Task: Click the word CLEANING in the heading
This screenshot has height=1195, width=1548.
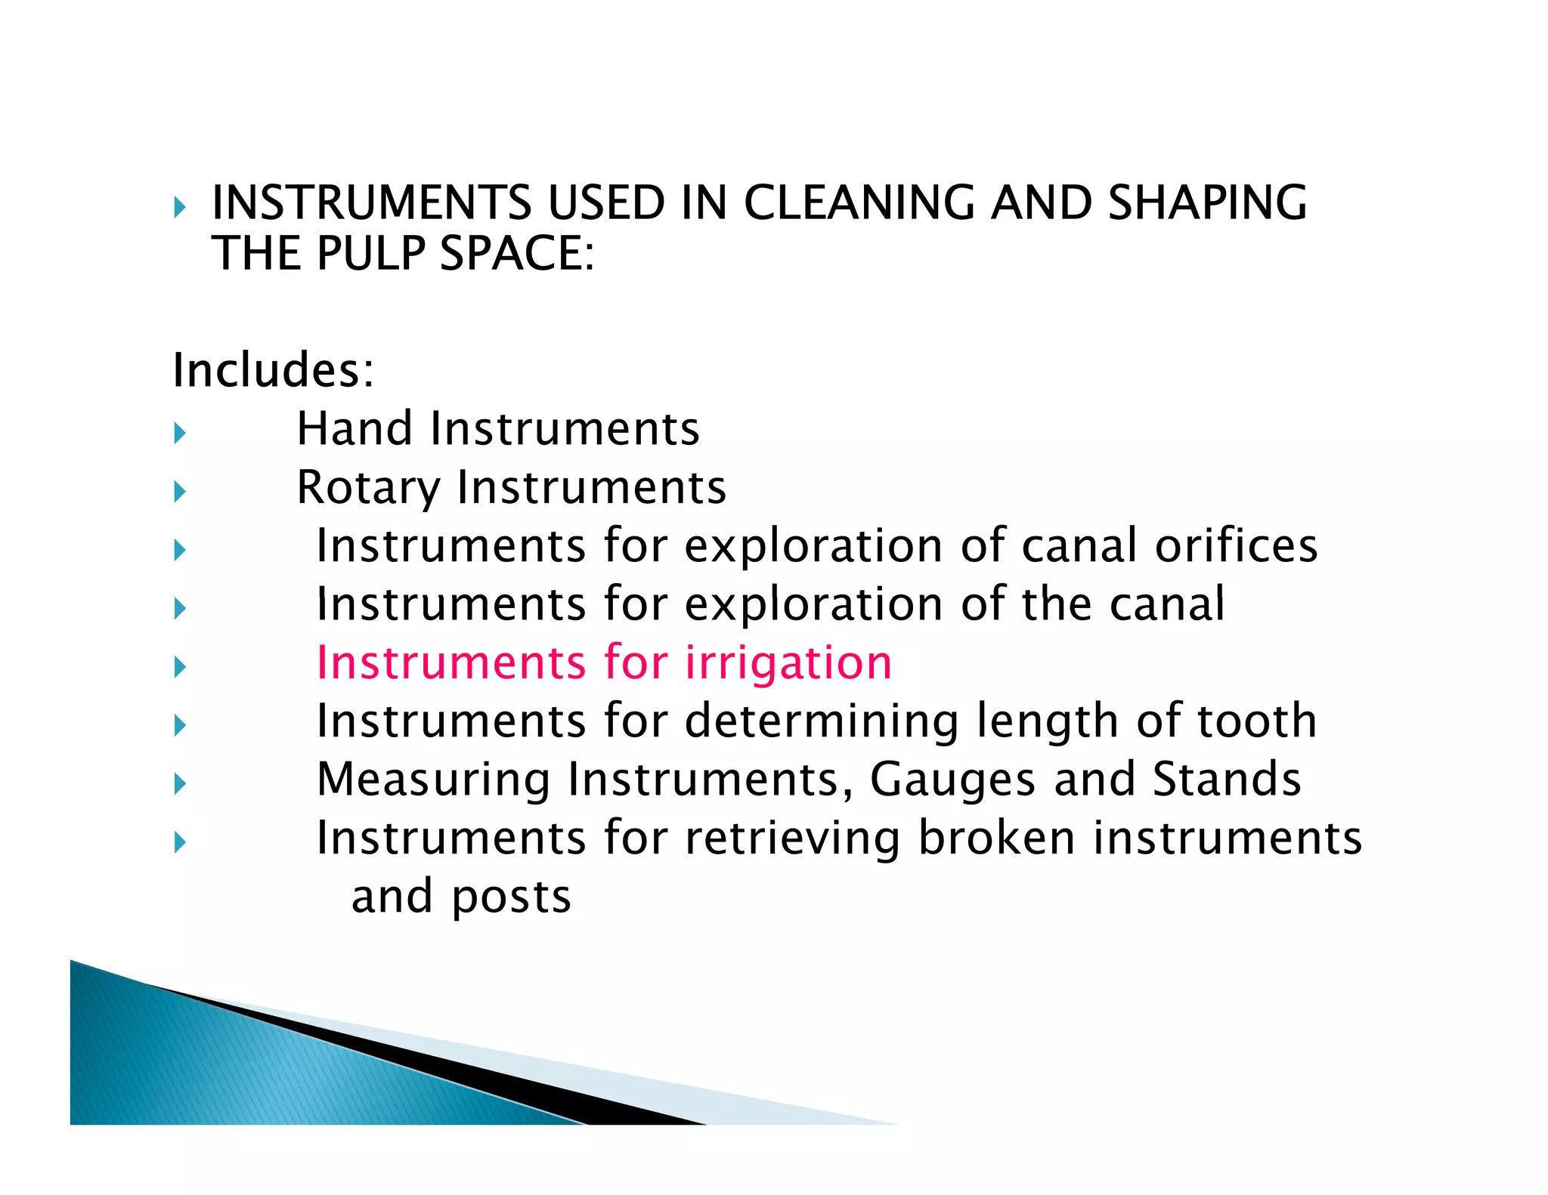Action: (x=859, y=203)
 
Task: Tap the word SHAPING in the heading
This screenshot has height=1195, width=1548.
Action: (x=1207, y=203)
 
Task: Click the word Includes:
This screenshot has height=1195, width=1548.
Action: (x=273, y=370)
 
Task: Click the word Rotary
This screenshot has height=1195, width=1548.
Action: (x=368, y=488)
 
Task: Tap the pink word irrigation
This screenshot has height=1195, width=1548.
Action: (x=788, y=663)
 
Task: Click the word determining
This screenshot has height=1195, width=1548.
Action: (x=822, y=721)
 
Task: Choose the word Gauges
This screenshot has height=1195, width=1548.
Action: (x=952, y=780)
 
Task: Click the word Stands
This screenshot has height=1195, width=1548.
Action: (x=1226, y=779)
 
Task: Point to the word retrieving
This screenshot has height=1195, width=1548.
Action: (x=792, y=838)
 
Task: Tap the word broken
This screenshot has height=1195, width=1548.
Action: (x=996, y=838)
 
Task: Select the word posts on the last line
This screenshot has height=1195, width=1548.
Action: (x=511, y=897)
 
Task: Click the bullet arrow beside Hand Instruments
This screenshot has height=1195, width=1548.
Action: (x=180, y=433)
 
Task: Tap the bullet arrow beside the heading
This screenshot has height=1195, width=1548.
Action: (x=180, y=207)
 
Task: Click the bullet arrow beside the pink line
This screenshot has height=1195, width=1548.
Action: (x=180, y=666)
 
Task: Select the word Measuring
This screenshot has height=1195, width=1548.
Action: (x=433, y=780)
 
